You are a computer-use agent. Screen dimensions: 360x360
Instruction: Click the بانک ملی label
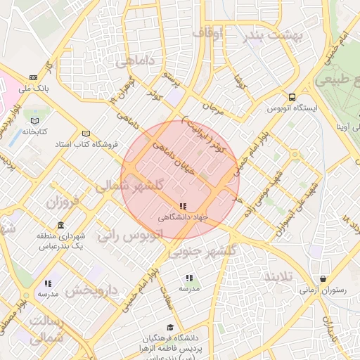34,89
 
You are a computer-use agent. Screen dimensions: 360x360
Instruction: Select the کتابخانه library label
33,131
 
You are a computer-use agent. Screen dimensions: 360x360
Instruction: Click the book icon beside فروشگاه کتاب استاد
86,134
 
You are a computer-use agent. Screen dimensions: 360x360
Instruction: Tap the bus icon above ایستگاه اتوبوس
292,98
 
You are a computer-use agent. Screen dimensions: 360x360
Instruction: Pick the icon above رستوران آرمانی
323,278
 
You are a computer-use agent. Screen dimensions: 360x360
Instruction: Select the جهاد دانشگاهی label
183,217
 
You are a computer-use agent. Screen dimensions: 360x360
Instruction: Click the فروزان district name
65,202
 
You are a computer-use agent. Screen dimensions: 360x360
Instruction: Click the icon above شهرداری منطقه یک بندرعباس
60,226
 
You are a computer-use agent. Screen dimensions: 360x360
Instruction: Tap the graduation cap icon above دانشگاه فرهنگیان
171,327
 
